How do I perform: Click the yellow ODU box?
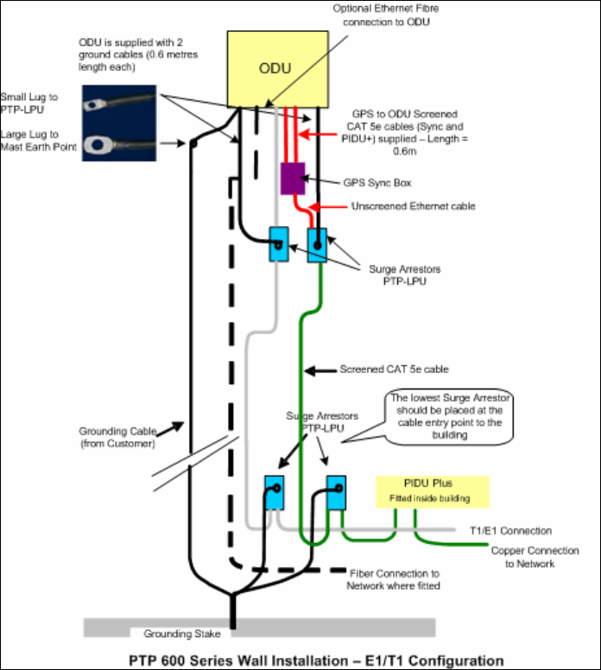[x=278, y=69]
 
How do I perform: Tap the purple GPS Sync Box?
[x=293, y=178]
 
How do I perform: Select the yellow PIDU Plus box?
[x=432, y=492]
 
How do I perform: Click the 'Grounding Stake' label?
[x=182, y=634]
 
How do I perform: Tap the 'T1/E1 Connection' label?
[x=511, y=531]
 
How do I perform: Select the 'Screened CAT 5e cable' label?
[x=394, y=370]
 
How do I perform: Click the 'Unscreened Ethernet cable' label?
[x=414, y=206]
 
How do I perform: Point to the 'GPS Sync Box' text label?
[x=377, y=183]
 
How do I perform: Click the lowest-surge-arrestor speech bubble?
[x=449, y=417]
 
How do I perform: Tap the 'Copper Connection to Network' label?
[x=535, y=557]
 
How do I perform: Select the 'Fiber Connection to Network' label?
[x=394, y=579]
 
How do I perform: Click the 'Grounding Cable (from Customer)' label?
[x=118, y=437]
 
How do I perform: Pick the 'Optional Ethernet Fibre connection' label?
[x=386, y=15]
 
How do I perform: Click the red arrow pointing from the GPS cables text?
[x=318, y=135]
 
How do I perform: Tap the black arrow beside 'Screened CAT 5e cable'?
[x=320, y=370]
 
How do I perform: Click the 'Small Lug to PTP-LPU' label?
[x=29, y=104]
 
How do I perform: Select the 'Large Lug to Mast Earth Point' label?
[x=39, y=141]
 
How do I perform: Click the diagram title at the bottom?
[x=316, y=661]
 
